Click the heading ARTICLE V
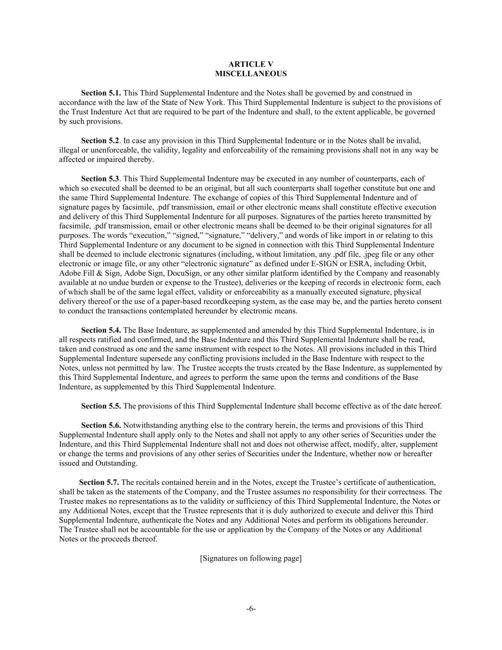point(251,64)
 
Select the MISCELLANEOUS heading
point(251,74)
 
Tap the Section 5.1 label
point(101,93)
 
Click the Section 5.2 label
point(100,140)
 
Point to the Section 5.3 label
point(100,179)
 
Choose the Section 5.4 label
point(101,330)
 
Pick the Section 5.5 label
point(101,406)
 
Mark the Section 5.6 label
point(101,425)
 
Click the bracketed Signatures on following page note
point(251,558)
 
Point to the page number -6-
point(251,609)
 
